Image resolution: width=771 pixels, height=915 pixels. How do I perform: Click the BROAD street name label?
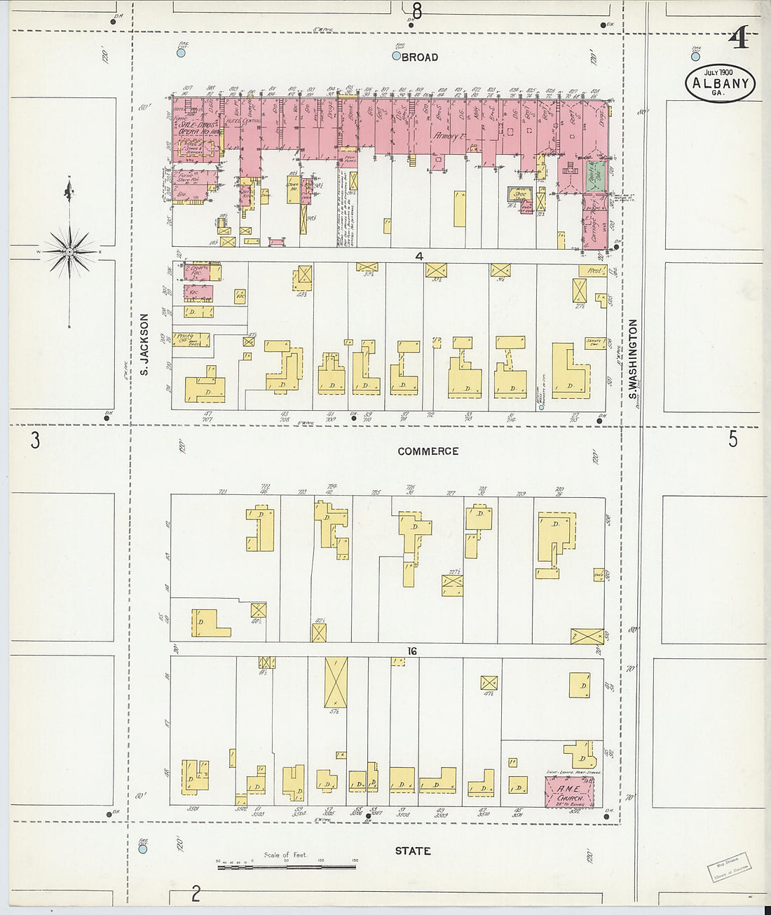[x=420, y=57]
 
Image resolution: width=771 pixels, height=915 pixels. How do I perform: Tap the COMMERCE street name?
[x=428, y=452]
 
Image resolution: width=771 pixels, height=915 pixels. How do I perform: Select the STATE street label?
[x=412, y=850]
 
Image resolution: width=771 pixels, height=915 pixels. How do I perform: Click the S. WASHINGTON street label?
[x=632, y=364]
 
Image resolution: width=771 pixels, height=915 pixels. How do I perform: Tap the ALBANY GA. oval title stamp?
[x=720, y=83]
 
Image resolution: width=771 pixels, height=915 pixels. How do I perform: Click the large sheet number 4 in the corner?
[x=738, y=39]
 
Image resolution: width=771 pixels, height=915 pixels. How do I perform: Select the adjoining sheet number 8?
[x=418, y=11]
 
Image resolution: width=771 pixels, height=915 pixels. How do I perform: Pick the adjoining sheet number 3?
[x=34, y=440]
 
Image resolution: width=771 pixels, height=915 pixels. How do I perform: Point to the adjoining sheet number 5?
[x=732, y=439]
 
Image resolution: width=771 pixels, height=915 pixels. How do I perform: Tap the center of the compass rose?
[x=69, y=251]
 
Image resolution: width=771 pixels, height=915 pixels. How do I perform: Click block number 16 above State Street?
[x=411, y=651]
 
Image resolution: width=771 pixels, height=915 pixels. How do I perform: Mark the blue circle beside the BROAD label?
[x=397, y=56]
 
